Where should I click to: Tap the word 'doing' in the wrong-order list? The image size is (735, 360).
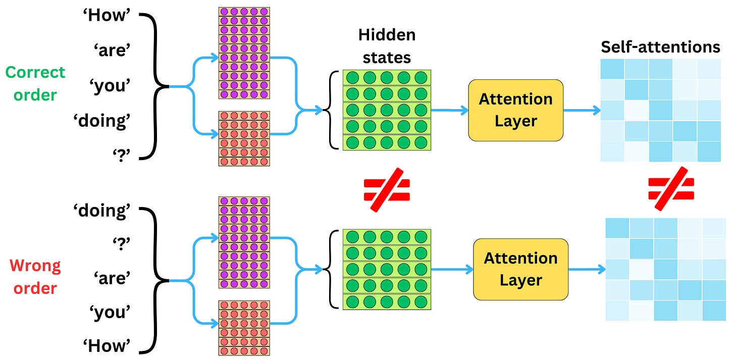[102, 211]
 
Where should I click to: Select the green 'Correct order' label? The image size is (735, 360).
[35, 83]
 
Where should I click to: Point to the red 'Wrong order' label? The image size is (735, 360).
[35, 277]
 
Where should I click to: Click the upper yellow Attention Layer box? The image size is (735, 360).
[515, 110]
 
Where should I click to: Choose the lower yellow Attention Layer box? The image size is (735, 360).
[520, 269]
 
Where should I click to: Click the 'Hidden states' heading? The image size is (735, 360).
[387, 46]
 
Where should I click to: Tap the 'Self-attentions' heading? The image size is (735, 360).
[660, 47]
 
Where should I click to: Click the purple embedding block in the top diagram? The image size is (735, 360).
[244, 53]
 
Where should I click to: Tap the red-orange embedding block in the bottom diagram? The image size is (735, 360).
[244, 328]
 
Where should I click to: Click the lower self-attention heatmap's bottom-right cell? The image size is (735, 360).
[714, 311]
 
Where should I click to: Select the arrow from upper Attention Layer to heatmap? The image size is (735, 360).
[581, 110]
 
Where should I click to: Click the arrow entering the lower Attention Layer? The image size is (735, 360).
[452, 270]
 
